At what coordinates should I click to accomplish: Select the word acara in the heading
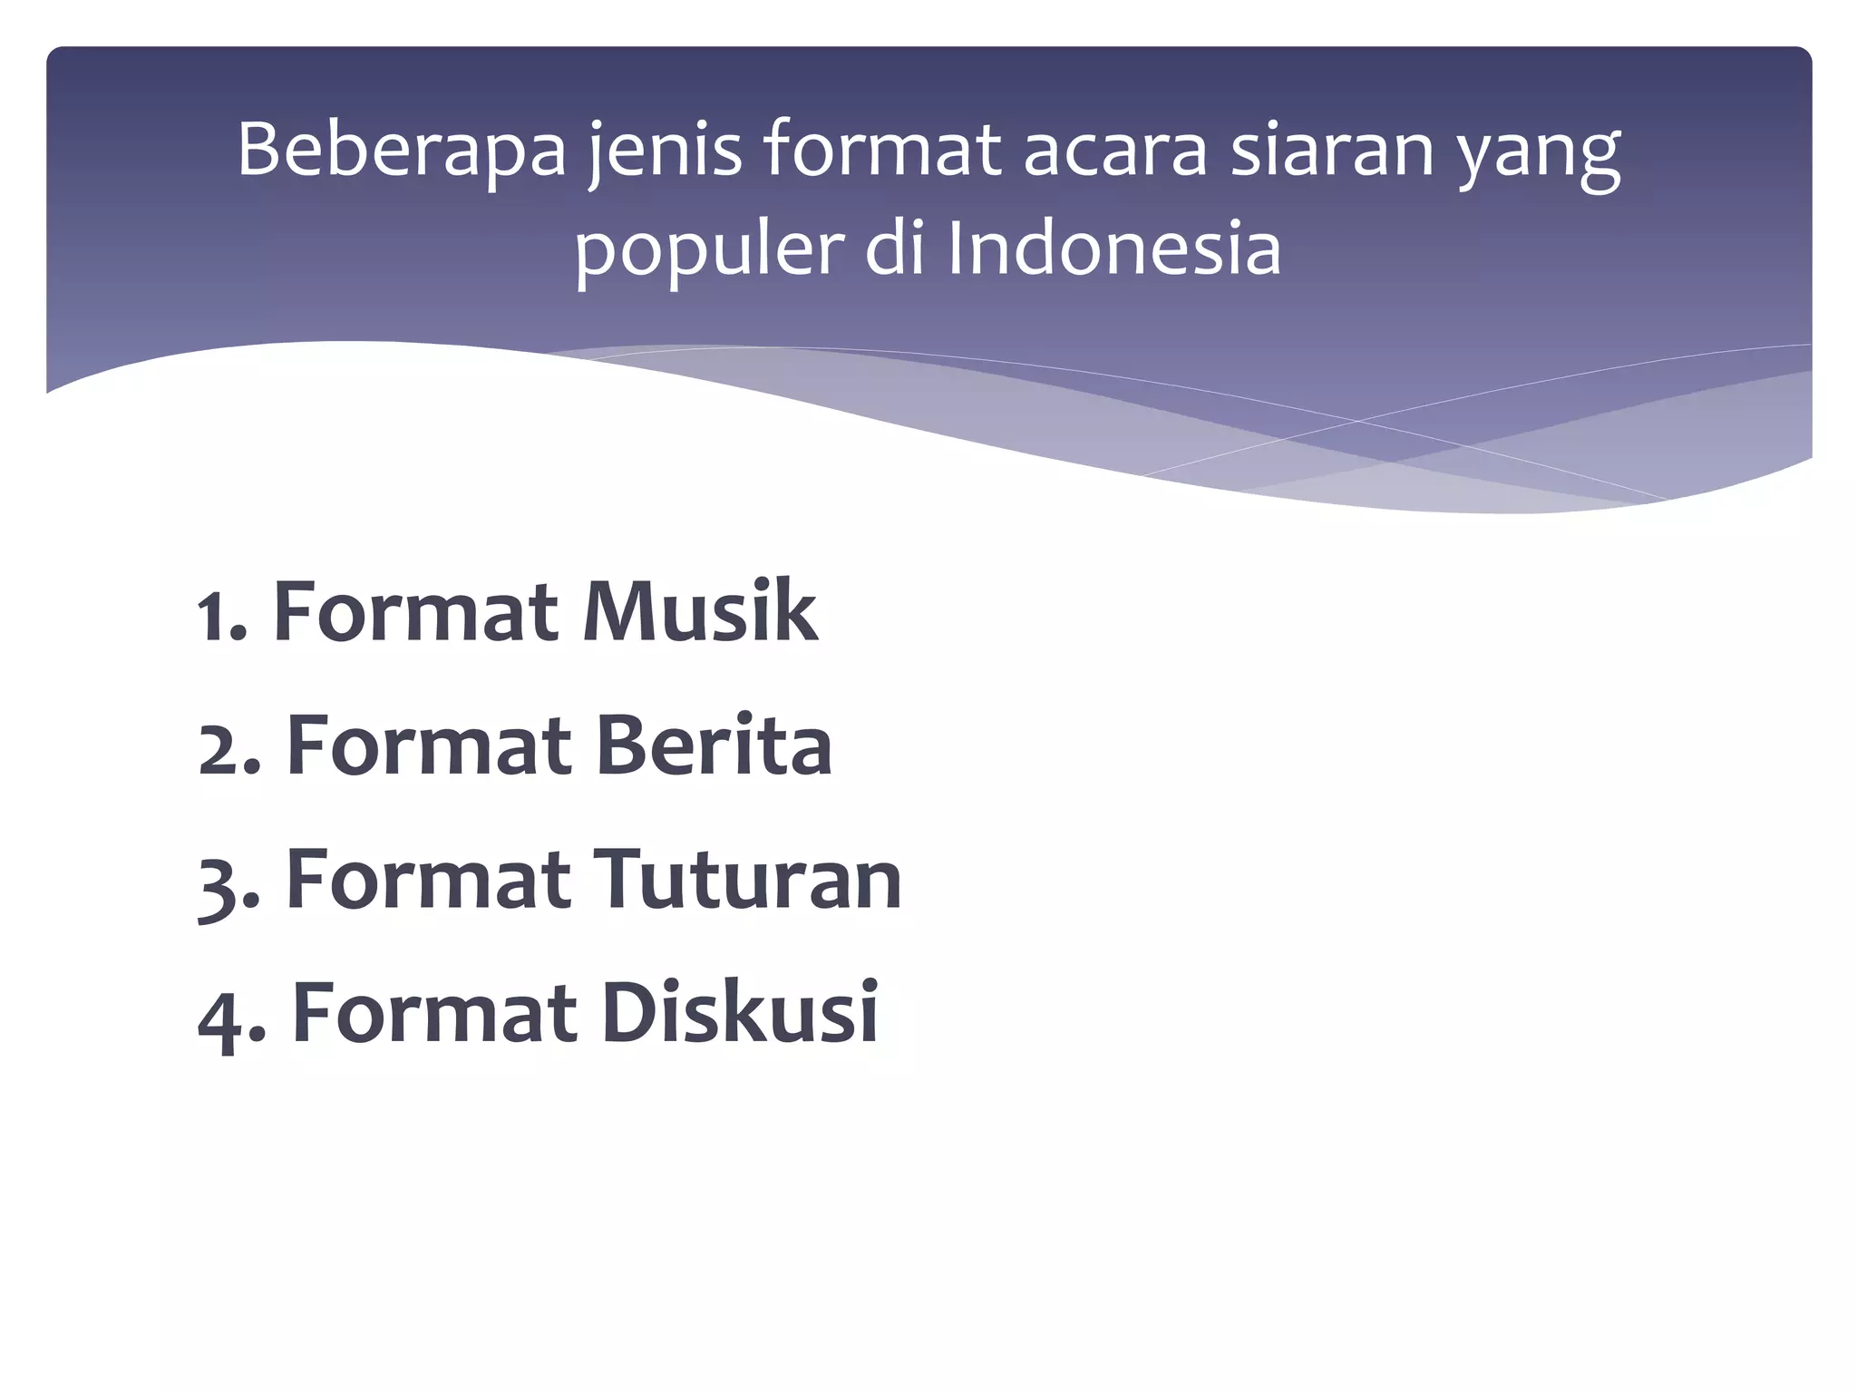click(x=1115, y=151)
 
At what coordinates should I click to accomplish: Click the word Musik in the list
click(x=699, y=612)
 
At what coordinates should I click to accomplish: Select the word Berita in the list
click(x=713, y=745)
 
